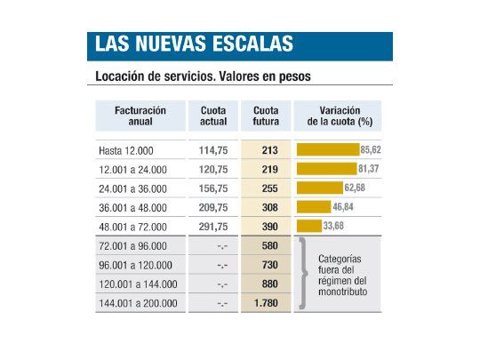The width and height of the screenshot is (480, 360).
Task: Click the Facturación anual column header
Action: pyautogui.click(x=140, y=115)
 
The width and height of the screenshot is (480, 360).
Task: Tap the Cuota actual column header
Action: pyautogui.click(x=213, y=115)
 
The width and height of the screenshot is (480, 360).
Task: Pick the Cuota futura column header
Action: pyautogui.click(x=266, y=115)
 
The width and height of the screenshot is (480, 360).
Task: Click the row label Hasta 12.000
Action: pyautogui.click(x=127, y=150)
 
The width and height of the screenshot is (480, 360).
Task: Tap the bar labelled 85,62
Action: pyautogui.click(x=327, y=149)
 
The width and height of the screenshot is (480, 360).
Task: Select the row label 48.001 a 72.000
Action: pyautogui.click(x=137, y=226)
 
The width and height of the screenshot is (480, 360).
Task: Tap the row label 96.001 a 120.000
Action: pyautogui.click(x=139, y=265)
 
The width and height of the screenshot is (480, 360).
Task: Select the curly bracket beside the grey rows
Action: pyautogui.click(x=303, y=274)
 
